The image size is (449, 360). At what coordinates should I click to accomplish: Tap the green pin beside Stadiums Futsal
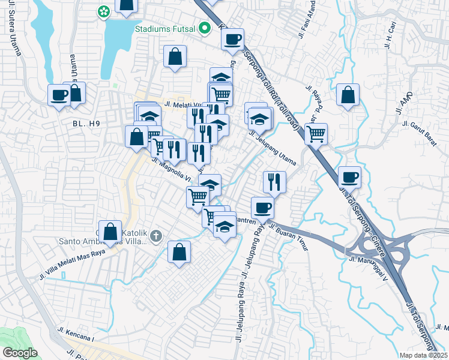(205, 28)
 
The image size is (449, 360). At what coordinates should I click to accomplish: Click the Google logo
(20, 353)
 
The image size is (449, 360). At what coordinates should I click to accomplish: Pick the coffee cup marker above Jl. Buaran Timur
(262, 208)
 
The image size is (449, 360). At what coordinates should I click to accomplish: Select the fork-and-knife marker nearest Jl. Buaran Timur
(274, 181)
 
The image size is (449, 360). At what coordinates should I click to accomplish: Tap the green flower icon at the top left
(104, 11)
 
